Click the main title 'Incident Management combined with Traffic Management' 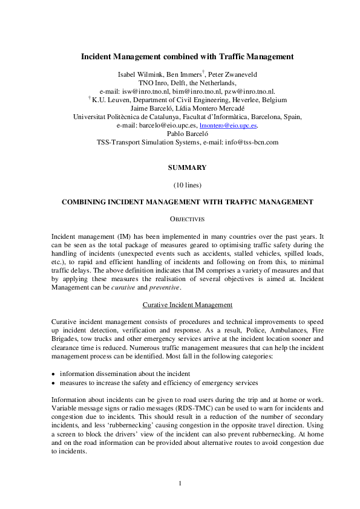click(187, 56)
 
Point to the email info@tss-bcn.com click(250, 142)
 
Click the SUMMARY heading click(187, 167)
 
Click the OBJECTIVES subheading click(187, 218)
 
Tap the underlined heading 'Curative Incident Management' click(187, 304)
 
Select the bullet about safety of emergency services click(159, 382)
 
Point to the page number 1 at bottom click(180, 483)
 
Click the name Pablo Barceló click(187, 134)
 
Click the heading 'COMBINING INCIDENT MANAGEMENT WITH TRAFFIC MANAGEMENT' click(187, 201)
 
